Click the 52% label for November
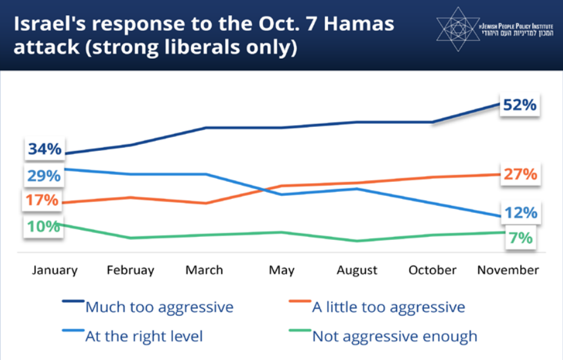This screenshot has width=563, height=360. (x=519, y=105)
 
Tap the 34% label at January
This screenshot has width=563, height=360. (x=44, y=150)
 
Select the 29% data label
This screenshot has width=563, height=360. (x=44, y=176)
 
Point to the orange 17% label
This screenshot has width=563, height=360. (x=42, y=200)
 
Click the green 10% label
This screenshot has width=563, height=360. (x=43, y=226)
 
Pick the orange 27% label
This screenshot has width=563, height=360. (x=519, y=174)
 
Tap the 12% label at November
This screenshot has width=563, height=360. (x=519, y=213)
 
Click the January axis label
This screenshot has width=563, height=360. (x=54, y=270)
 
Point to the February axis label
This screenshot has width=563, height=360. (x=130, y=270)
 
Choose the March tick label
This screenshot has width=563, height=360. (x=204, y=270)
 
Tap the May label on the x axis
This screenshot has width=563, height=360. (x=281, y=270)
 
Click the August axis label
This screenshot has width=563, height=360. (x=357, y=270)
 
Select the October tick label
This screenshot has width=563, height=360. (x=432, y=270)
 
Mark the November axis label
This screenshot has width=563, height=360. (x=508, y=270)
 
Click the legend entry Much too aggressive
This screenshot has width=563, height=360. (x=159, y=308)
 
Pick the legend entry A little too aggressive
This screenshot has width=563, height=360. (x=388, y=308)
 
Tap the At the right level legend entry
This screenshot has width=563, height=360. (x=143, y=336)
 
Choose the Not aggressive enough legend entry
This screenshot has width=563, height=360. (x=394, y=336)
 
